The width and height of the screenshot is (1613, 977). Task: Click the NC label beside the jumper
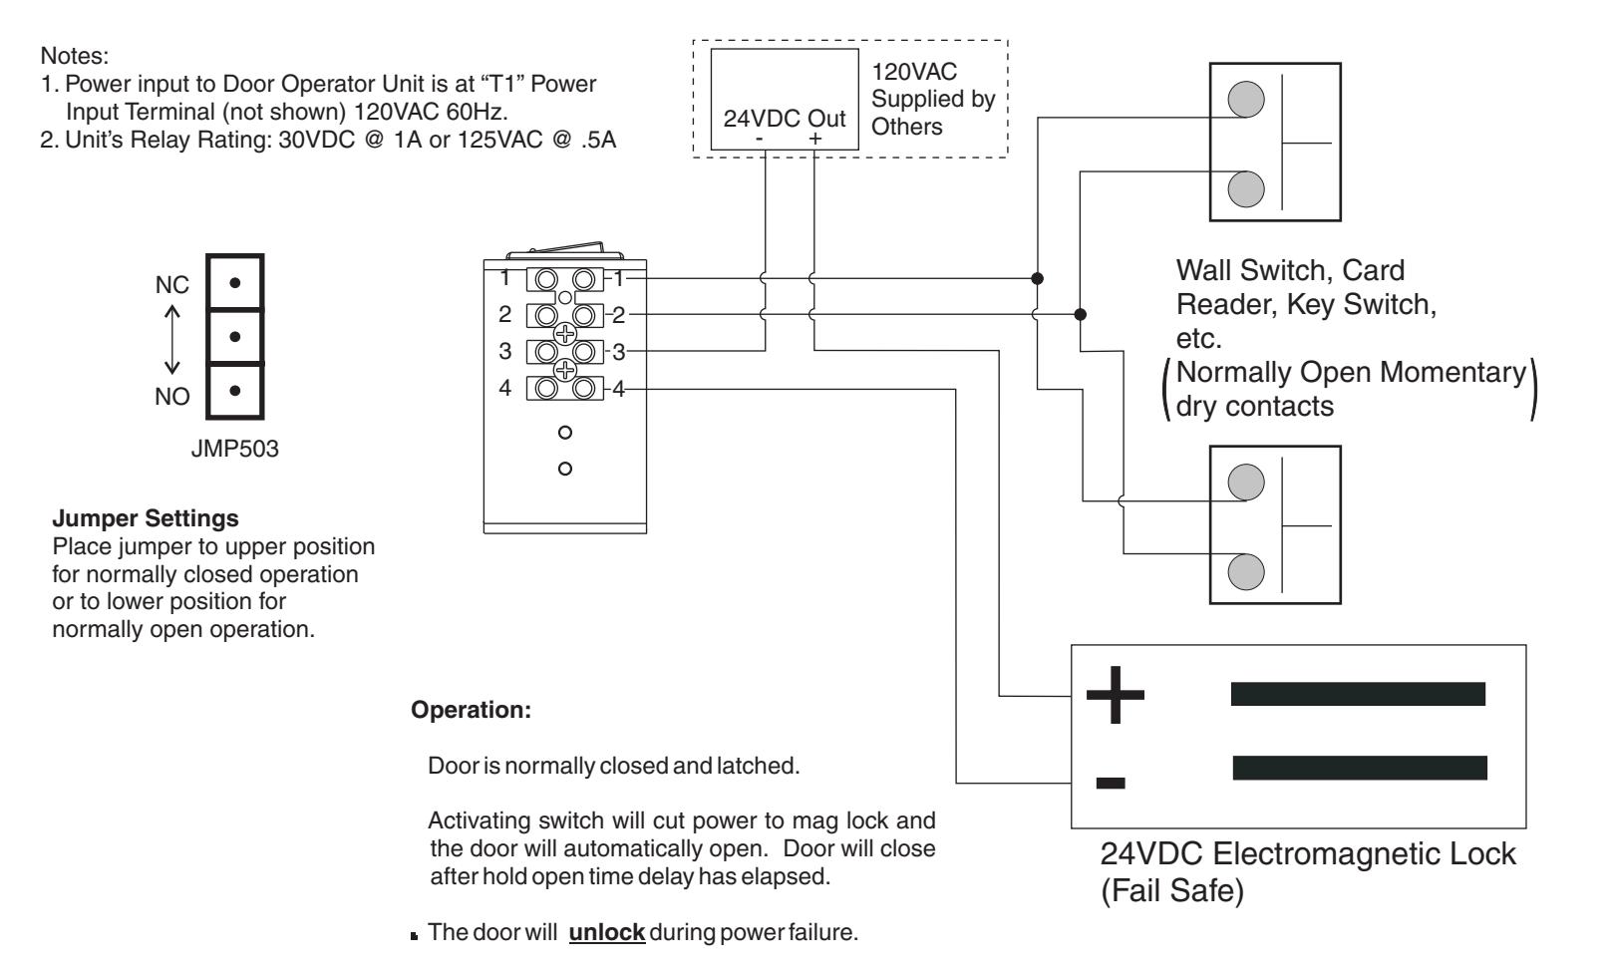pyautogui.click(x=172, y=285)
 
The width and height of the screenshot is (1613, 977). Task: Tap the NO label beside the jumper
pyautogui.click(x=172, y=396)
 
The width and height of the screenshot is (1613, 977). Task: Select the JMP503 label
pyautogui.click(x=234, y=449)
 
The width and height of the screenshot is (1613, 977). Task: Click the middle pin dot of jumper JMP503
pyautogui.click(x=234, y=336)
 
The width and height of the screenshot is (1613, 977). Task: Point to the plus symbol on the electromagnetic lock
pyautogui.click(x=1115, y=695)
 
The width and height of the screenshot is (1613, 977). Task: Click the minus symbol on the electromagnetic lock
pyautogui.click(x=1110, y=783)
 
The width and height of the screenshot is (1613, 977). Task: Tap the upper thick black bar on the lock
pyautogui.click(x=1358, y=694)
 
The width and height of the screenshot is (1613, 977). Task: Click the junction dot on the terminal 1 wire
pyautogui.click(x=1037, y=278)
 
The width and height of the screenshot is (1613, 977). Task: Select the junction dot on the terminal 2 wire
pyautogui.click(x=1080, y=314)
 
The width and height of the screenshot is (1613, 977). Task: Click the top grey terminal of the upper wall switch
pyautogui.click(x=1246, y=100)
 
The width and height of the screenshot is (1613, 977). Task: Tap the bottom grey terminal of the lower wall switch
pyautogui.click(x=1246, y=571)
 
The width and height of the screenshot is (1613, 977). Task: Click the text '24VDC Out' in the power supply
pyautogui.click(x=785, y=119)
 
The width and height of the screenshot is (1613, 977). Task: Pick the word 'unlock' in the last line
pyautogui.click(x=606, y=932)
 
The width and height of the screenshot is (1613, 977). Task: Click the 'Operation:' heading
pyautogui.click(x=471, y=710)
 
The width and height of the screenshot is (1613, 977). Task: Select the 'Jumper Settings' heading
pyautogui.click(x=146, y=518)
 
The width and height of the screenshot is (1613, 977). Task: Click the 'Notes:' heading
pyautogui.click(x=75, y=56)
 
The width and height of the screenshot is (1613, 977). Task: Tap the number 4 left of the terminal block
pyautogui.click(x=504, y=388)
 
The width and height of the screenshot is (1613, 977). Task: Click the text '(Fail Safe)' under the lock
pyautogui.click(x=1172, y=890)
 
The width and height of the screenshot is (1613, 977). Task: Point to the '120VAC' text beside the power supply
pyautogui.click(x=914, y=71)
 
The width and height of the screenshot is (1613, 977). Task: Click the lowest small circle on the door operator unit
pyautogui.click(x=565, y=469)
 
